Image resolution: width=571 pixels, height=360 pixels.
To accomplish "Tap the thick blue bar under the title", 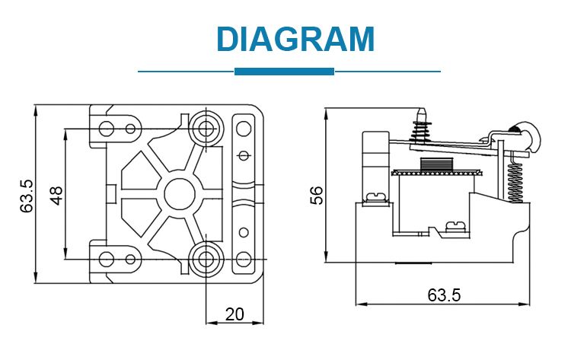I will point(284,71).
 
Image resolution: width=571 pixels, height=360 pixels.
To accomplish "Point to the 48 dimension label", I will point(56,196).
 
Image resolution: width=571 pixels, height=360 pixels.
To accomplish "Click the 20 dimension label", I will point(234,313).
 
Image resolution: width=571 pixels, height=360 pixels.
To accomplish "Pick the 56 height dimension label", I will point(317,196).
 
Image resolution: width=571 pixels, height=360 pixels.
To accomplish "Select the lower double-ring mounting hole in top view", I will point(206,258).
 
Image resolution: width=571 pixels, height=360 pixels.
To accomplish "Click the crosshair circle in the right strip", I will point(244,156).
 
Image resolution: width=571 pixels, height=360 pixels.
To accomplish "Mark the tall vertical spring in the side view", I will point(514,176).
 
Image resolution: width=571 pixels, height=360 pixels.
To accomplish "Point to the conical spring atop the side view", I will point(420,129).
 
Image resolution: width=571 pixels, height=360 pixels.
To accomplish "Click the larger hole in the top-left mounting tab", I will point(107,126).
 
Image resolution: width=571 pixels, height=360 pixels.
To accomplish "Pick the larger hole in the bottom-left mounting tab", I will point(107,259).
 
